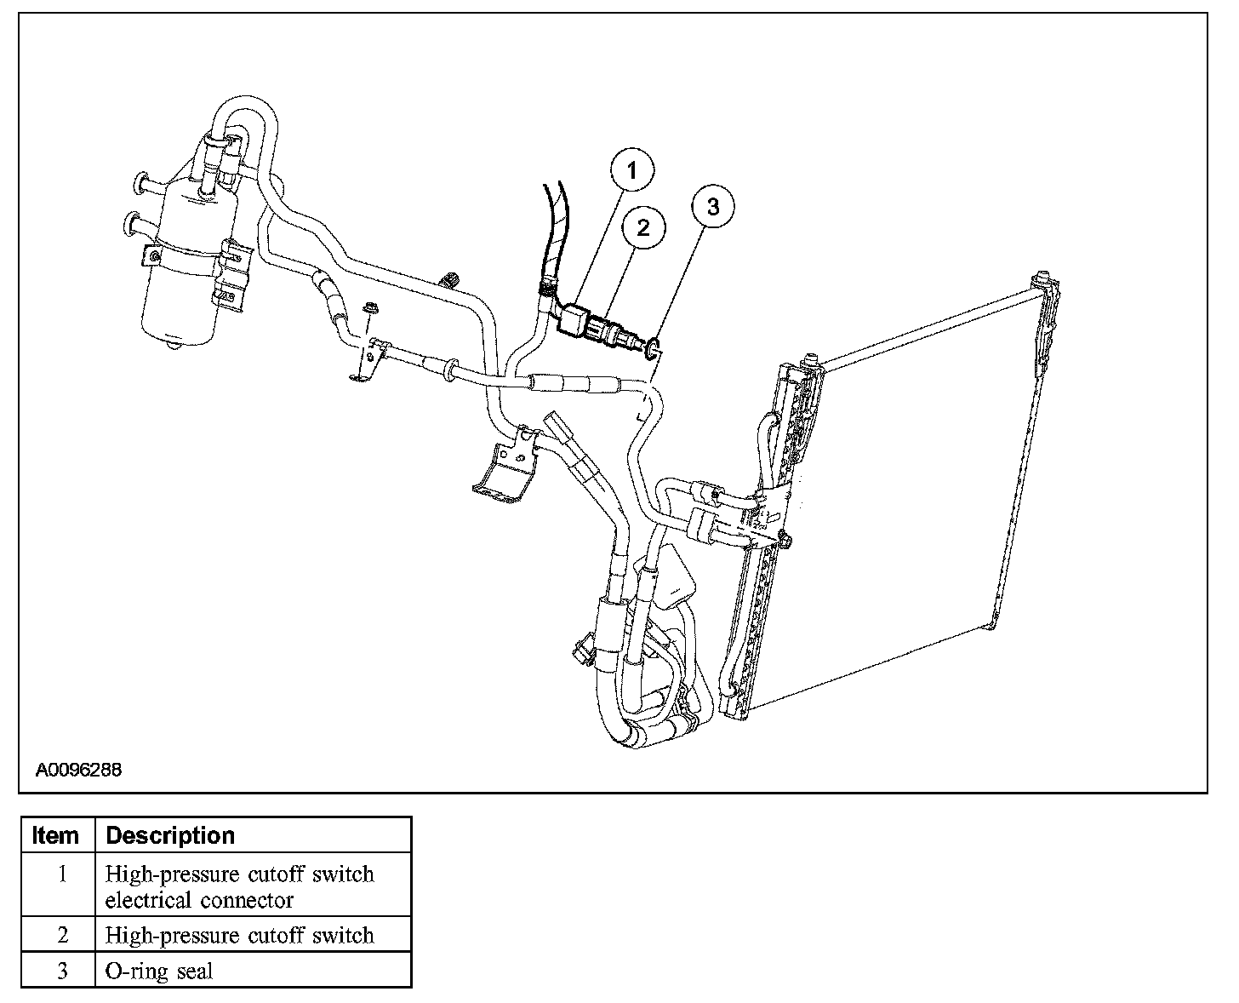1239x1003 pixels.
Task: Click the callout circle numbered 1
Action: pos(631,172)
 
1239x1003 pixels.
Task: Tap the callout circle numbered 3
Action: pos(712,207)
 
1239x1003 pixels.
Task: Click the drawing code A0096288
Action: pos(79,770)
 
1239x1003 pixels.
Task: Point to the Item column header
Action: pos(56,835)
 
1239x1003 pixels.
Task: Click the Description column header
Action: pos(170,835)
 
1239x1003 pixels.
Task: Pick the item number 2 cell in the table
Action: pos(62,935)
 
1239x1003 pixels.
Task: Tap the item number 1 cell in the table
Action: pos(62,886)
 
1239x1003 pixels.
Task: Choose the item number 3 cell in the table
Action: pos(62,971)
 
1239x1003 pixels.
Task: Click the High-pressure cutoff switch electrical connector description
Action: pos(240,886)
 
